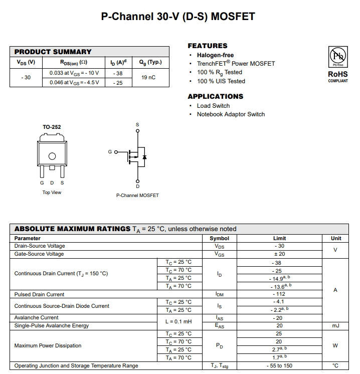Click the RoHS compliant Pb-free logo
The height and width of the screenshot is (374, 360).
[x=337, y=56]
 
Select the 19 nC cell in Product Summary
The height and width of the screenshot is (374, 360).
[x=148, y=78]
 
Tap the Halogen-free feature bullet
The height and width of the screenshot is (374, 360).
[x=215, y=55]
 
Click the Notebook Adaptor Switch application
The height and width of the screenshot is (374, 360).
[x=231, y=114]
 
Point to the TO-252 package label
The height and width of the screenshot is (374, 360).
[x=52, y=127]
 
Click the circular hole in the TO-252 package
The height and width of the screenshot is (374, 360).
[x=52, y=156]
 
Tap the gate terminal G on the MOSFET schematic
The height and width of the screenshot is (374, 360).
[x=110, y=151]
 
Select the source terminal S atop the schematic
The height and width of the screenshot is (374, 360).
[x=138, y=125]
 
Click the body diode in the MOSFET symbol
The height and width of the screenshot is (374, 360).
[x=144, y=156]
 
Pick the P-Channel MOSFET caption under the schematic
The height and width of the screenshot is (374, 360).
[x=137, y=195]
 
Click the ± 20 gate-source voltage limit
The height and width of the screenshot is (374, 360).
[x=279, y=254]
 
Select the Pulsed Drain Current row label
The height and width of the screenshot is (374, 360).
[x=40, y=294]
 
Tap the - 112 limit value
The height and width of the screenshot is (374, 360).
[x=279, y=294]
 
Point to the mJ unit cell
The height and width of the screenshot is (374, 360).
[x=335, y=326]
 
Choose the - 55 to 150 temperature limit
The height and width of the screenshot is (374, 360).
[x=279, y=366]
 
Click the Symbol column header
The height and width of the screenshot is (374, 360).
[x=219, y=239]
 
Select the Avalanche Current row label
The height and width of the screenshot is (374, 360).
[x=37, y=318]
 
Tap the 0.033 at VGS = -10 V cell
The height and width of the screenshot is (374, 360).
[x=74, y=73]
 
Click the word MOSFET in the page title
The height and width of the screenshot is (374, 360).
[x=233, y=17]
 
